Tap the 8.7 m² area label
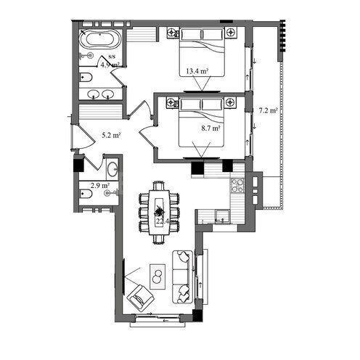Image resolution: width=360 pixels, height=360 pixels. click(x=210, y=127)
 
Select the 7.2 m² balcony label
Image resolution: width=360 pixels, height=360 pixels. click(x=269, y=110)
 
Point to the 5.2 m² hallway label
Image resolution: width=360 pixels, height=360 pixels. click(x=110, y=135)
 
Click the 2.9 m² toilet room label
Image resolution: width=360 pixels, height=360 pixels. click(x=100, y=185)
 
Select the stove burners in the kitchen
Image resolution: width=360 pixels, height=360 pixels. click(x=236, y=185)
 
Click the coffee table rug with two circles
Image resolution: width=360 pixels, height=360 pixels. click(x=157, y=275)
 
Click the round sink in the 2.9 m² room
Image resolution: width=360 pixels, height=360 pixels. click(x=112, y=171)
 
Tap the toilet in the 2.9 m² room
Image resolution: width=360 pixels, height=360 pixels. click(x=88, y=194)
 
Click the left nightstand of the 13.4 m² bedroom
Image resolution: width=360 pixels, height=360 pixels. click(x=172, y=32)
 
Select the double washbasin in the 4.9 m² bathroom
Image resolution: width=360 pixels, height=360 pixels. click(x=101, y=93)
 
